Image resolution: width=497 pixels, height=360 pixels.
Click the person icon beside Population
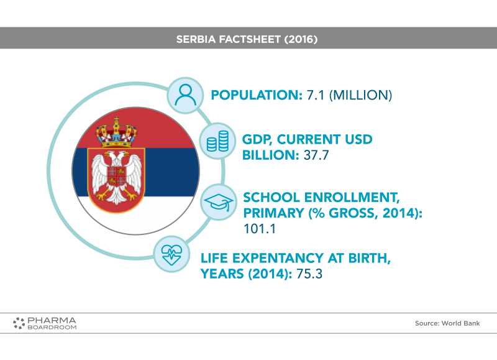pos(185,95)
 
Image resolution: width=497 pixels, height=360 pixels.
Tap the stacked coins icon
pos(217,141)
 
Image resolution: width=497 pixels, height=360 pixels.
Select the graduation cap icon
pos(219,202)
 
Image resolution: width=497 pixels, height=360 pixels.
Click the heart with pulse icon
pos(171,254)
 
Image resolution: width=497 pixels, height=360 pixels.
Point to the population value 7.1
pos(316,95)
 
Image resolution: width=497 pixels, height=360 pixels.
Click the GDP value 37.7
pos(316,155)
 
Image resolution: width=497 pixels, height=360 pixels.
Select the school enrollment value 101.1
pos(260,229)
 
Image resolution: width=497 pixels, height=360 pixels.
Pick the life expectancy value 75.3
pos(309,274)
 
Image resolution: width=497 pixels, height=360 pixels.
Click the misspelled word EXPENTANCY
pos(278,258)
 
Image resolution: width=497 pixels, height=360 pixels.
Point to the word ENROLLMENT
pos(352,198)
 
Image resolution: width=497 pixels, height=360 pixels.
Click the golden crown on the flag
pos(116,132)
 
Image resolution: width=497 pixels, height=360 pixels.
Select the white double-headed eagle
pos(117,177)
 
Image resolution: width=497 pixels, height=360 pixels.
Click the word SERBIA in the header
pos(196,39)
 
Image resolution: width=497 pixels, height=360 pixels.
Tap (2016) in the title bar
pos(301,39)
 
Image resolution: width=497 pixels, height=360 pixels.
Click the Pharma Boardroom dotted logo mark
pos(19,323)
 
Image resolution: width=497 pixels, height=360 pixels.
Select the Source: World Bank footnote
pos(447,323)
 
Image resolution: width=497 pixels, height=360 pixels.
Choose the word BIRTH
pos(369,258)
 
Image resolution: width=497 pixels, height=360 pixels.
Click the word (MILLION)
pos(361,95)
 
